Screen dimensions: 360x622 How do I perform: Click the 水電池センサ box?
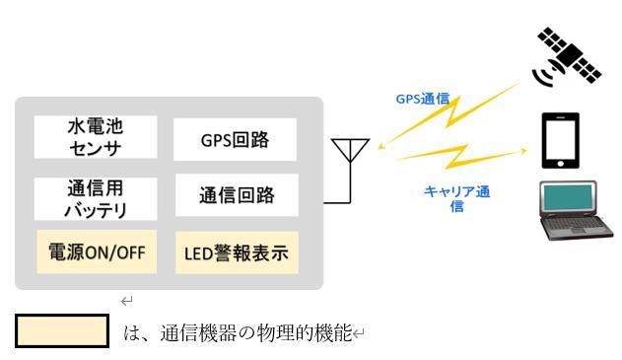point(97,137)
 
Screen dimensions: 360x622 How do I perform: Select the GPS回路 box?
point(235,139)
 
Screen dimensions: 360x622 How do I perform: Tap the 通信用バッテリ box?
point(97,198)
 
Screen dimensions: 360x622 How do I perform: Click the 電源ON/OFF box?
point(97,252)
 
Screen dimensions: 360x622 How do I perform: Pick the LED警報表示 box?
point(236,253)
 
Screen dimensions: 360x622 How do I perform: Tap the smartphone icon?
point(560,141)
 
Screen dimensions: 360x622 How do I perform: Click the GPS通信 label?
point(422,99)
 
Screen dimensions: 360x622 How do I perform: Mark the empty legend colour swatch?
point(61,331)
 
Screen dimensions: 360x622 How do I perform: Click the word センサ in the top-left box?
point(97,147)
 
